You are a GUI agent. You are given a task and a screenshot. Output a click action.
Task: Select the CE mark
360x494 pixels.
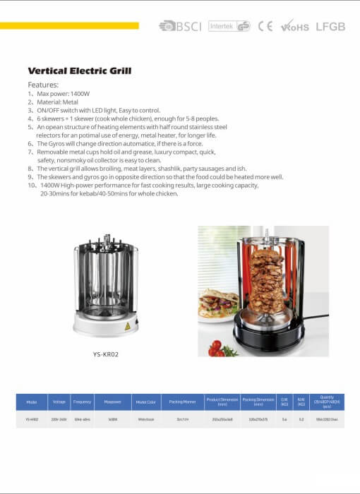pos(265,26)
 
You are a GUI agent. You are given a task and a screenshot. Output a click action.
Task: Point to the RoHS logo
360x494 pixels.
pos(295,27)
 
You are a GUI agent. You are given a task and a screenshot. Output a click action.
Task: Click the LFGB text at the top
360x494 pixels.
pos(330,26)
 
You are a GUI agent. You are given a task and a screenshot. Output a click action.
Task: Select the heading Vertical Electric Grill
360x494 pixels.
pos(79,71)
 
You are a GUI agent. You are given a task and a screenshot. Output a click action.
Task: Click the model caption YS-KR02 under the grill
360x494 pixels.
pos(105,354)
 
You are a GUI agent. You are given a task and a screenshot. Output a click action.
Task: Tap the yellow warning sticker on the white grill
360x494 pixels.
pos(127,327)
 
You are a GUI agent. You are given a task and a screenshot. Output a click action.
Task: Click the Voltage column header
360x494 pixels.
pos(59,402)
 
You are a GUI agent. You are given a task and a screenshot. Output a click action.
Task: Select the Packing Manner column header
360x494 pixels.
pos(182,402)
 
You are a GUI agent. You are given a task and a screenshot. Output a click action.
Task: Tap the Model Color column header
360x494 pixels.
pos(145,402)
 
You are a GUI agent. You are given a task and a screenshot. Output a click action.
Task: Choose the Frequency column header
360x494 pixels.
pos(83,402)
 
